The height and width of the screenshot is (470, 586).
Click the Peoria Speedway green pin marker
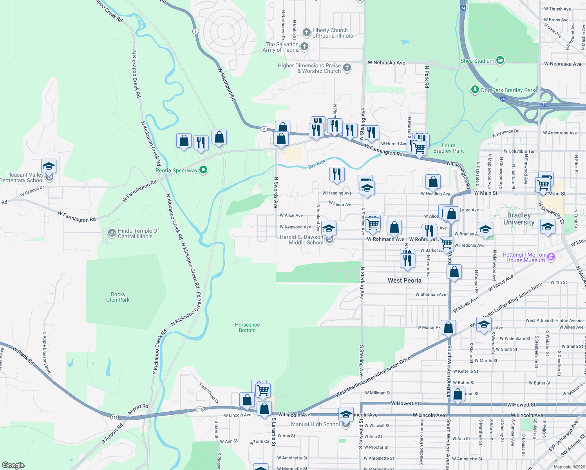[203, 170]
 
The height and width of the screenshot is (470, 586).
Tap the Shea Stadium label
[477, 61]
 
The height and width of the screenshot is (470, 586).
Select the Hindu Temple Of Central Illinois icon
[112, 233]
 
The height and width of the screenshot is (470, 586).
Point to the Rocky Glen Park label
[118, 297]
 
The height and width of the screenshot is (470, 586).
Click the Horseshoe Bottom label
[247, 327]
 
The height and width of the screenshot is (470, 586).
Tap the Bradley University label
[519, 219]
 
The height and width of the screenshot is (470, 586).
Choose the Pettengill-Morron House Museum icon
[551, 257]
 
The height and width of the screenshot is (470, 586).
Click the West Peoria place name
[404, 280]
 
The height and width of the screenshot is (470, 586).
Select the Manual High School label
[315, 424]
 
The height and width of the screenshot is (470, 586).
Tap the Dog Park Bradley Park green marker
[475, 90]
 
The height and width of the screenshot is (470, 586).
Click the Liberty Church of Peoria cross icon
[306, 32]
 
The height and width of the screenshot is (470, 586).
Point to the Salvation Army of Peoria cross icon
[304, 47]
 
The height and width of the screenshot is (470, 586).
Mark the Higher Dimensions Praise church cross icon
[347, 68]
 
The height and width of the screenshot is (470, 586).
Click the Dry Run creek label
[317, 164]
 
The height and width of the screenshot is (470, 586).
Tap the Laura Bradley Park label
[449, 148]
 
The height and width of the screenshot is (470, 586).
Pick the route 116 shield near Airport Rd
[114, 417]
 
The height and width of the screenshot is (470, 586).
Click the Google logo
[13, 465]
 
